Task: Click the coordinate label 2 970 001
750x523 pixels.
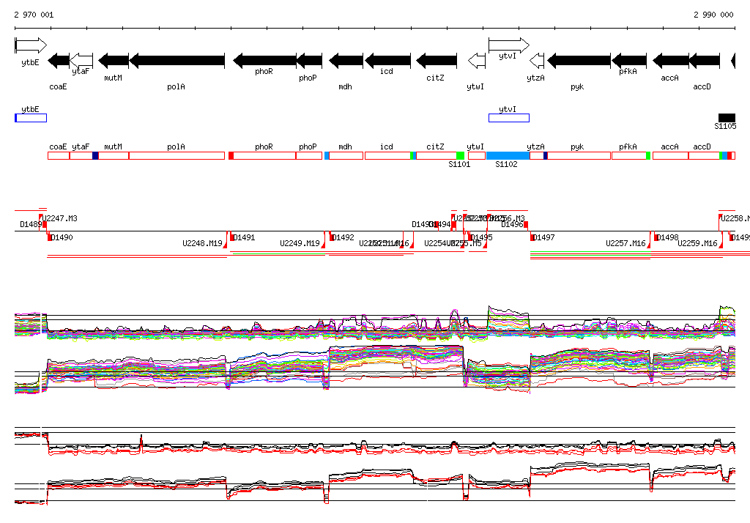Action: (x=34, y=15)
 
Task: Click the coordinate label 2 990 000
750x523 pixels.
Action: (x=713, y=15)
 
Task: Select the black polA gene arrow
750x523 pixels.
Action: (x=177, y=60)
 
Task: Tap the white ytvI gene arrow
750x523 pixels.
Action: (x=508, y=45)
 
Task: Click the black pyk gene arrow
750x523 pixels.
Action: (x=579, y=60)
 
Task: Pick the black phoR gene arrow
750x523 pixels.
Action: (x=264, y=60)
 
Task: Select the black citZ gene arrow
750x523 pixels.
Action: (x=437, y=60)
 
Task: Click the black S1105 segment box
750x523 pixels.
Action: (x=727, y=118)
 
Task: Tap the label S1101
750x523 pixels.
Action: (x=459, y=165)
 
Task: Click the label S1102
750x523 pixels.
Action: (x=506, y=165)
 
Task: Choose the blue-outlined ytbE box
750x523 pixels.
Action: (x=31, y=118)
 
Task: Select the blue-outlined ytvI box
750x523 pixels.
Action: (x=508, y=118)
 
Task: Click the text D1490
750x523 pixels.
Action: (x=62, y=238)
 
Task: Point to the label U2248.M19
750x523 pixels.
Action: (x=201, y=243)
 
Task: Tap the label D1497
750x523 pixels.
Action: (x=544, y=238)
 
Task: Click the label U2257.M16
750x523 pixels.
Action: (x=625, y=243)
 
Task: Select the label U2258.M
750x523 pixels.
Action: (x=735, y=218)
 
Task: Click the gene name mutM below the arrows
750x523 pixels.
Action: (x=113, y=77)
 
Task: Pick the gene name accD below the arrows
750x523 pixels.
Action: (x=702, y=86)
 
